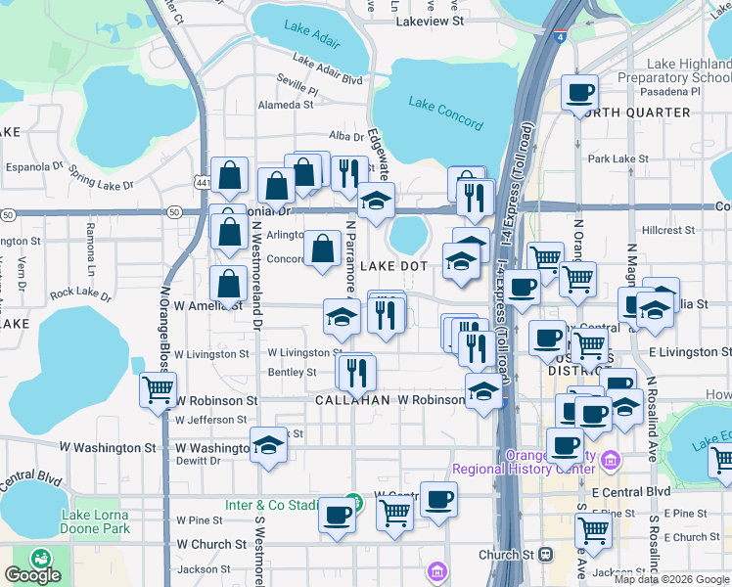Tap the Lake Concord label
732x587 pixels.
click(445, 113)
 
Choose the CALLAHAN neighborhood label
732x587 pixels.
click(353, 401)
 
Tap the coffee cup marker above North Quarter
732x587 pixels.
click(579, 94)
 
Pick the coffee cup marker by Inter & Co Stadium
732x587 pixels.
click(337, 515)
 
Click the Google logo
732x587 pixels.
click(32, 575)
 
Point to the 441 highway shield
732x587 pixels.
click(201, 182)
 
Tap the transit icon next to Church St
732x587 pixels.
click(545, 554)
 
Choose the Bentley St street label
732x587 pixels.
click(292, 373)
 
